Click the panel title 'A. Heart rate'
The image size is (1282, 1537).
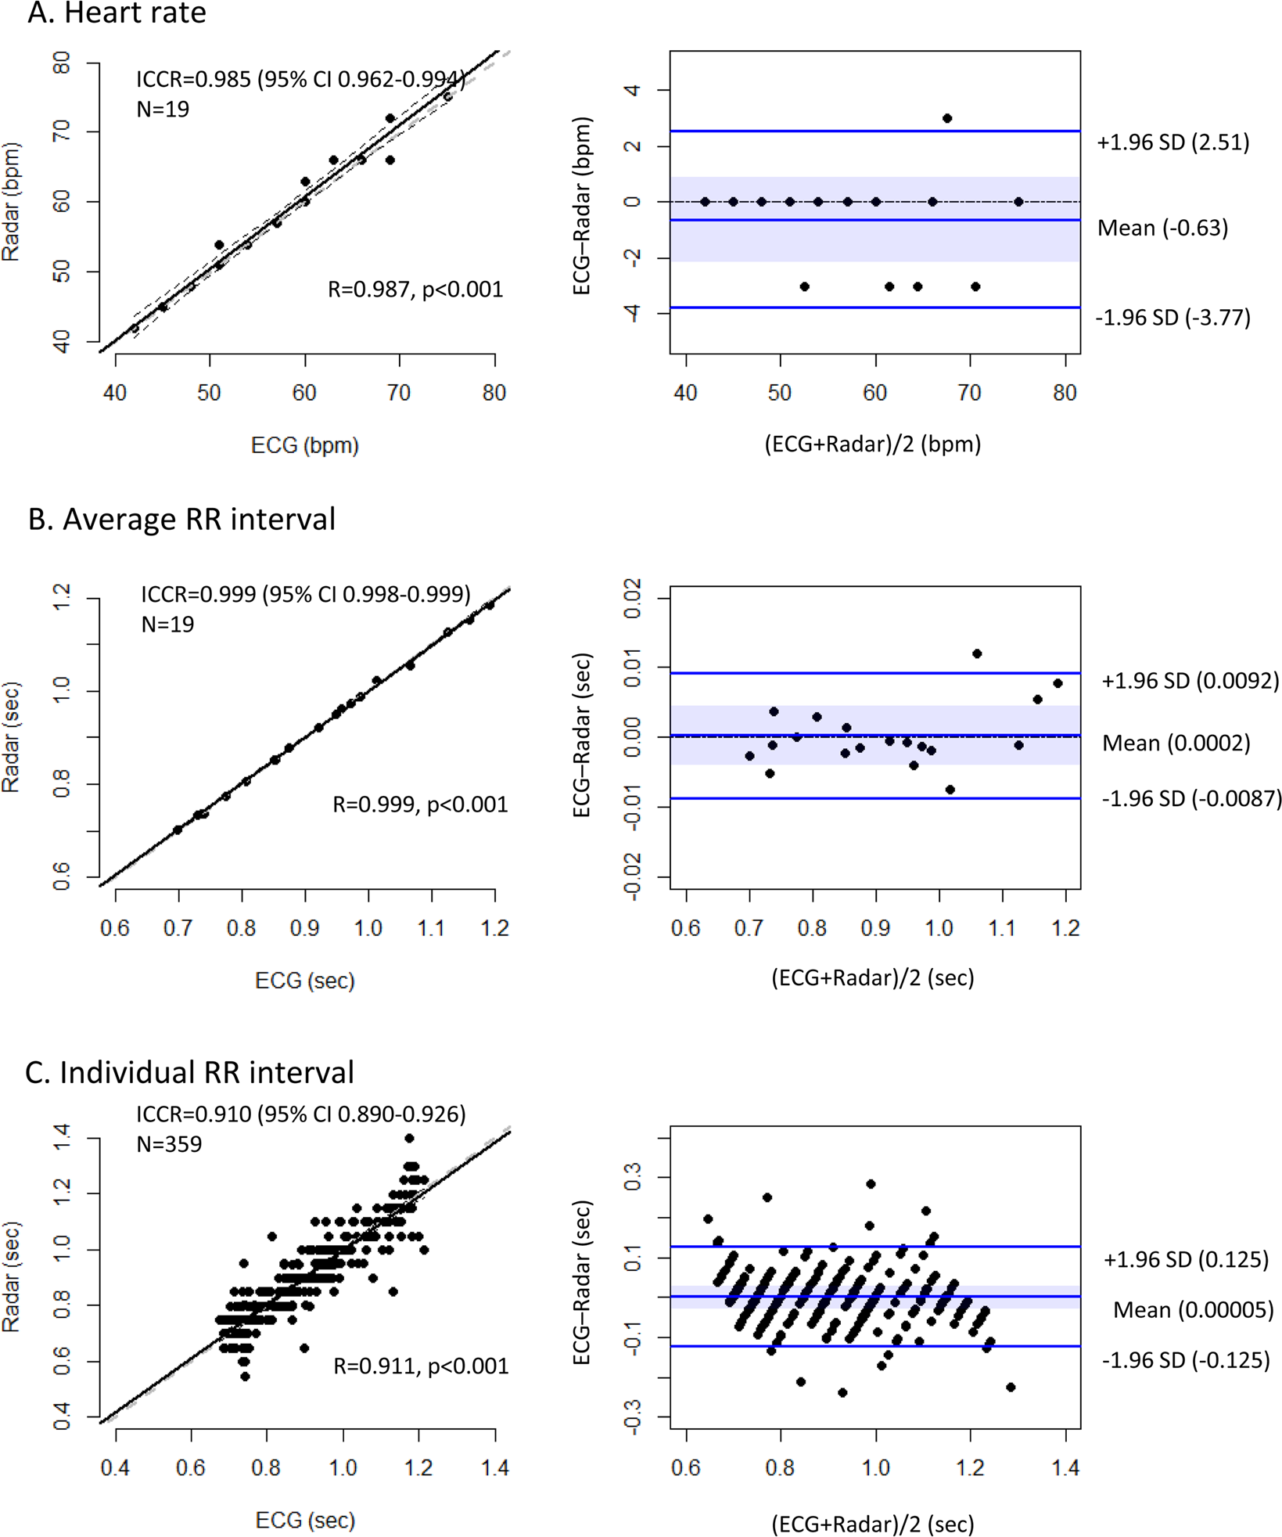(x=117, y=13)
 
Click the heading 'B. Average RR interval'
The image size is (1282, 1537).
(x=181, y=520)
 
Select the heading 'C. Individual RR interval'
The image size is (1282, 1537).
(x=189, y=1072)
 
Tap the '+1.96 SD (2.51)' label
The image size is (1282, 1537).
(x=1172, y=142)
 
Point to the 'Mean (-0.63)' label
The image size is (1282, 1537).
(x=1162, y=228)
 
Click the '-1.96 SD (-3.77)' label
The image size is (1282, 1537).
(x=1172, y=318)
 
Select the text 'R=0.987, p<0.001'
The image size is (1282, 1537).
(x=415, y=290)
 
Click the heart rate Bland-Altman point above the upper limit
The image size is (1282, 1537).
(x=947, y=119)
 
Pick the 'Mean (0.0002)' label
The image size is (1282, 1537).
(x=1176, y=743)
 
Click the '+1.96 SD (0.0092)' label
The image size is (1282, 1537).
(x=1190, y=681)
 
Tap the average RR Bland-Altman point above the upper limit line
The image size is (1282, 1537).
(x=977, y=653)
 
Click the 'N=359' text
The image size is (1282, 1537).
(x=169, y=1144)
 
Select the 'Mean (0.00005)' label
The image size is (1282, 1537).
(x=1193, y=1310)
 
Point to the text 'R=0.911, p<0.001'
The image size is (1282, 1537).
(x=421, y=1366)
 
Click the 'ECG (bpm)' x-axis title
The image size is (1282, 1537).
(x=304, y=445)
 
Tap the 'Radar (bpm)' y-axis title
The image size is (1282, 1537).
(x=11, y=201)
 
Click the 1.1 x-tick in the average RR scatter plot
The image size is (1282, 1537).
(x=431, y=928)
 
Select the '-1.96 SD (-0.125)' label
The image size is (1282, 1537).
(x=1186, y=1360)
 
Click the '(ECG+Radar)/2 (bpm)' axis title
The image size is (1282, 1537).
(x=872, y=445)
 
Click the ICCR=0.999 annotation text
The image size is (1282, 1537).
(x=306, y=595)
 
